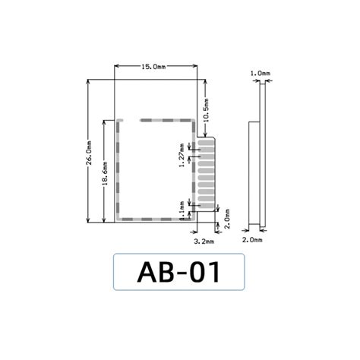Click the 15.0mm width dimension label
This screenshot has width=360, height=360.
click(x=153, y=68)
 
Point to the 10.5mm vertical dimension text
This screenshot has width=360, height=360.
click(x=206, y=105)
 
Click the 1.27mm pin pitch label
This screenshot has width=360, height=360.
click(x=182, y=159)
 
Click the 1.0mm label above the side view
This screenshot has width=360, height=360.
click(x=260, y=74)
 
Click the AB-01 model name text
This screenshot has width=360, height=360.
click(x=179, y=272)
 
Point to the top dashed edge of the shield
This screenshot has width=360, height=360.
click(x=156, y=120)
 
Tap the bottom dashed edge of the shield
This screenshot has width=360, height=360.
click(x=152, y=221)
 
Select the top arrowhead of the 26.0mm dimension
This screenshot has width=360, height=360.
click(x=89, y=82)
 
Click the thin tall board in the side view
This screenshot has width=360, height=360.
click(x=263, y=152)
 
